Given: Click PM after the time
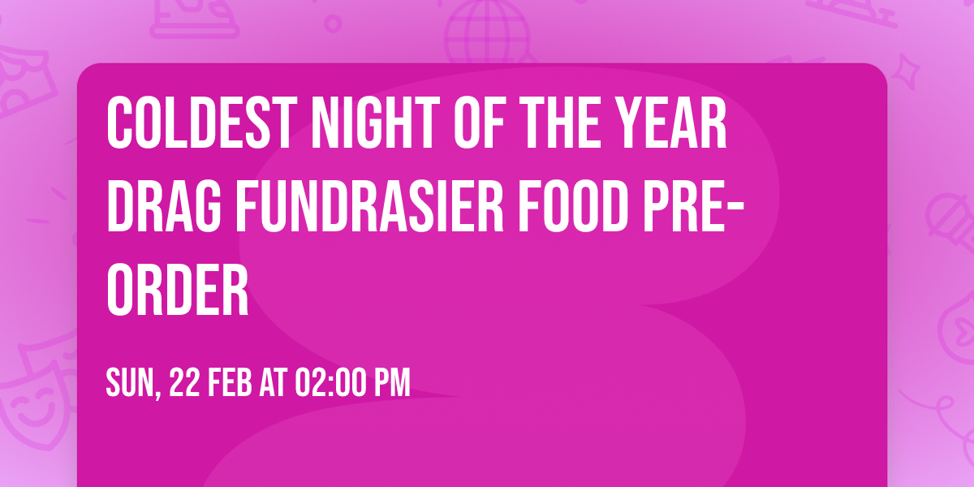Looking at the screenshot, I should click(393, 383).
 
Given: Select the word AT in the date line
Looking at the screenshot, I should click(273, 383).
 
